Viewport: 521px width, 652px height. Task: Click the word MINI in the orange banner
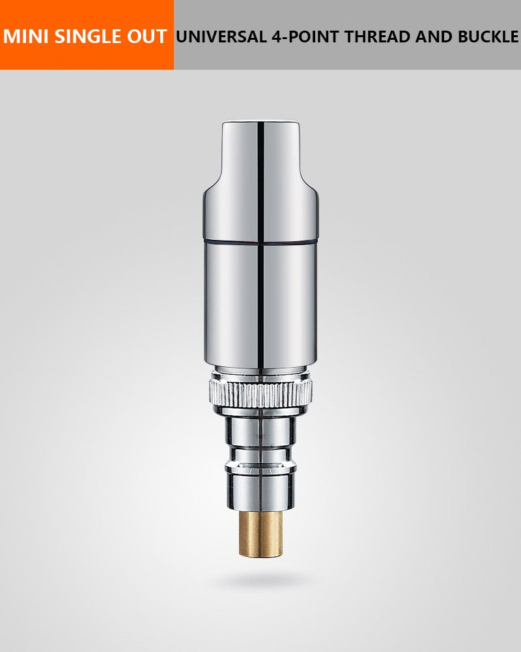(x=26, y=36)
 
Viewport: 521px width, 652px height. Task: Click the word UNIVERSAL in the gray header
(x=221, y=37)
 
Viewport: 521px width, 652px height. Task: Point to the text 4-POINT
(x=305, y=37)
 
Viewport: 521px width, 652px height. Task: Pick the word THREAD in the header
(x=378, y=37)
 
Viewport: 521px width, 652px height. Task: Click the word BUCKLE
(x=488, y=37)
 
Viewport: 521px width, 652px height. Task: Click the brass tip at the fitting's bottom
(x=260, y=534)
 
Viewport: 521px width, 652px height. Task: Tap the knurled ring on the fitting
(x=260, y=394)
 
